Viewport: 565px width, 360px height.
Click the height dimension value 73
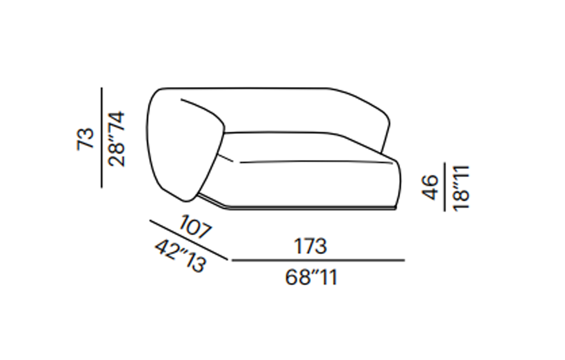(x=85, y=139)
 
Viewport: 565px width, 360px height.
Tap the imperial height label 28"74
(x=116, y=139)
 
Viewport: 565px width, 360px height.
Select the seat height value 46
(x=430, y=187)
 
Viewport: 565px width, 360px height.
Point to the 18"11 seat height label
(x=461, y=188)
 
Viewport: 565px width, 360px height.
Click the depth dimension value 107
(x=195, y=227)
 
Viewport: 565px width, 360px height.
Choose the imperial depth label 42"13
(x=181, y=256)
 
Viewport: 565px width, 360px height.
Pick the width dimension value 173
(x=310, y=246)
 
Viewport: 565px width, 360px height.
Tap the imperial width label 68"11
(x=311, y=277)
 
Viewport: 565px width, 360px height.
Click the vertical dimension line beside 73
(x=102, y=137)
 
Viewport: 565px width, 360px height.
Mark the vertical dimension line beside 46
(x=444, y=187)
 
